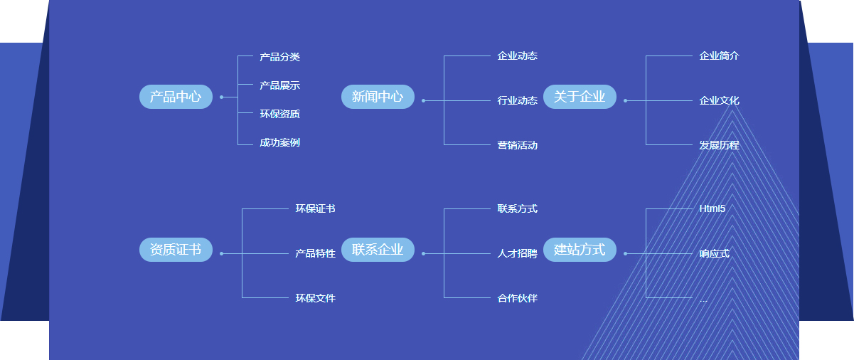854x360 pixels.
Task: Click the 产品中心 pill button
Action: (176, 97)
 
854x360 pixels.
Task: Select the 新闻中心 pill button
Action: (378, 97)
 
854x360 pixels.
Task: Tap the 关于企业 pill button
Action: (580, 97)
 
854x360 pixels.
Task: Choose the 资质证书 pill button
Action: (176, 250)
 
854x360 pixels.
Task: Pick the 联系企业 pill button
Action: (378, 250)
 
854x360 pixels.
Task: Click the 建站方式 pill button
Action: (580, 250)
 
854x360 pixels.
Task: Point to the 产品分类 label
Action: (279, 57)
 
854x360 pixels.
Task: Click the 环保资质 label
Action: (279, 114)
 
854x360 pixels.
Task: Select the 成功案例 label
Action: (279, 142)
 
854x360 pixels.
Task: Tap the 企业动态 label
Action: (517, 55)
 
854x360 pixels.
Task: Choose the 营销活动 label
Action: (517, 145)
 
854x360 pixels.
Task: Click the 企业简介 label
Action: (719, 55)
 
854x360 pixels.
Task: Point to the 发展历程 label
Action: (719, 145)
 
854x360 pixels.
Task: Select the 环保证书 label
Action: (315, 208)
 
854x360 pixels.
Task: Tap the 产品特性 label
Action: (315, 253)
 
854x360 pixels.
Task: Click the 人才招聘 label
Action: (517, 253)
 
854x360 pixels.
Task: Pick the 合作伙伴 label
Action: (517, 298)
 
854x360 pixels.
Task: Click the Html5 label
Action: (712, 208)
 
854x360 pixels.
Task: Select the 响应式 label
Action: (714, 253)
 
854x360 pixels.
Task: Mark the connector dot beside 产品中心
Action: (221, 97)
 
